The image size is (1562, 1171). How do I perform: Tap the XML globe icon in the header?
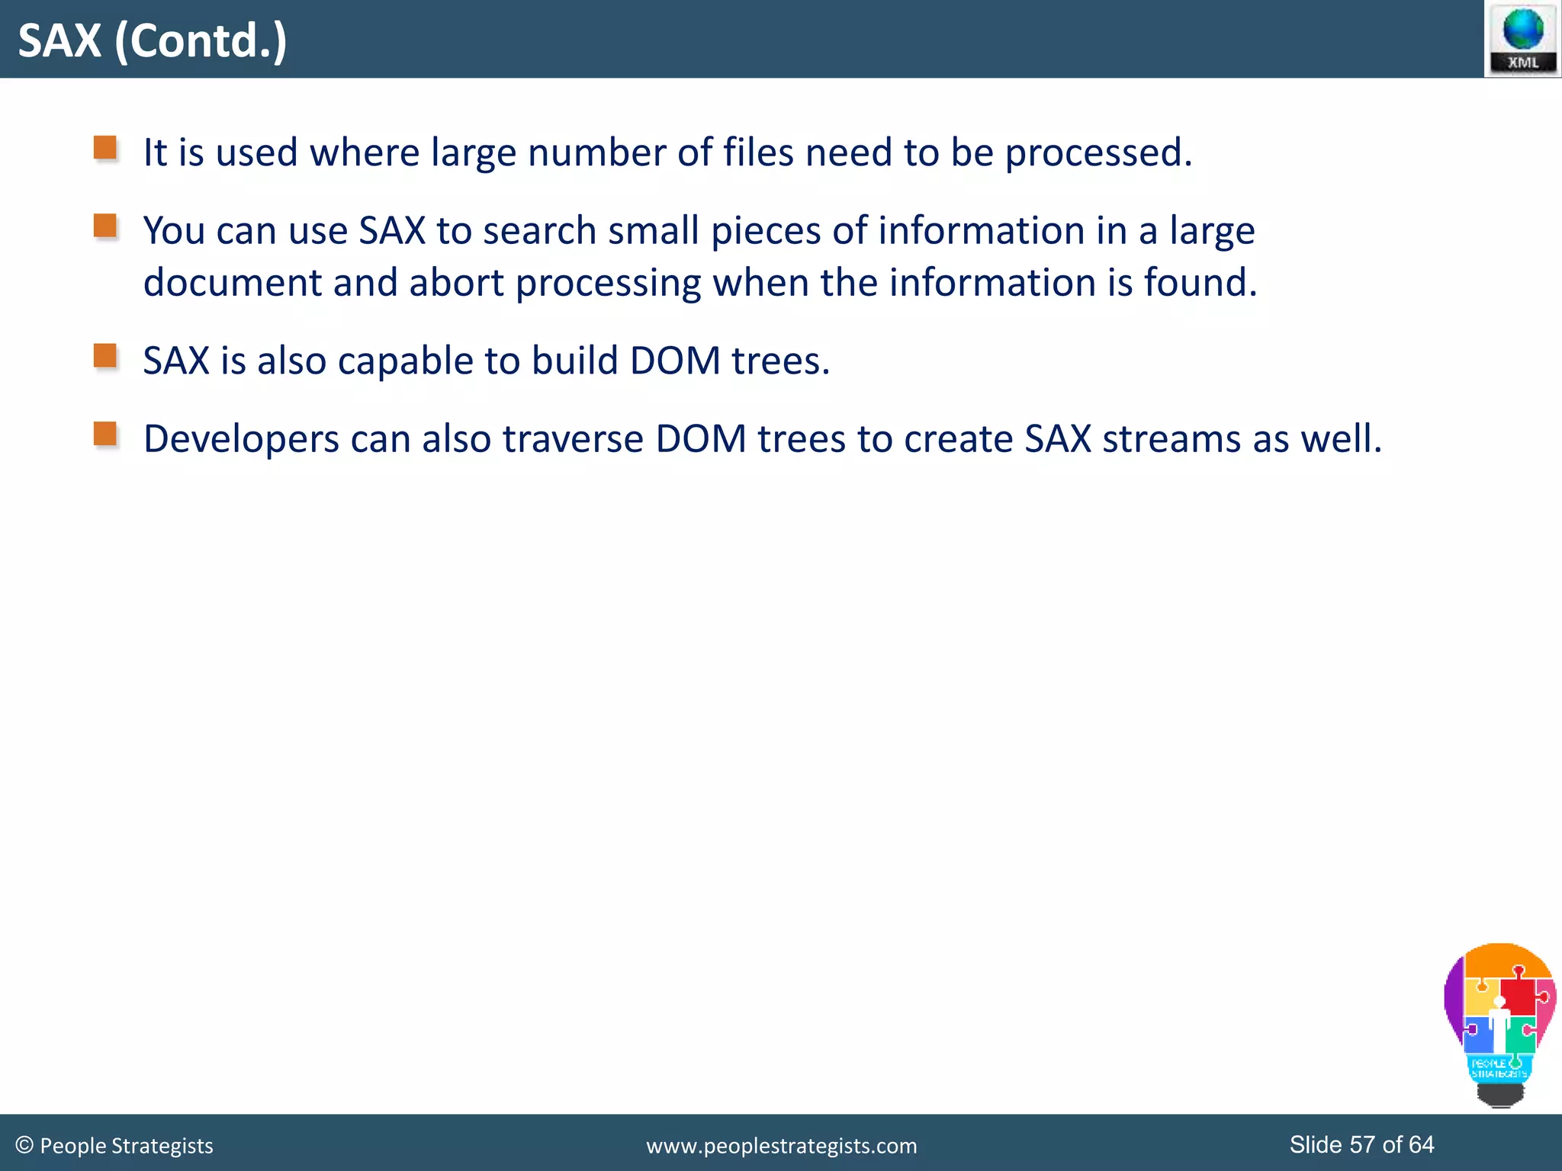pos(1522,38)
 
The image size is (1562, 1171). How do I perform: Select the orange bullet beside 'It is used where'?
pos(105,147)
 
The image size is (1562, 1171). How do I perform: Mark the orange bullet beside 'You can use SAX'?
pos(105,226)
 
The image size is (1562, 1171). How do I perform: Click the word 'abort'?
pos(456,282)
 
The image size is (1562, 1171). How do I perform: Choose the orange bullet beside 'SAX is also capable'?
pos(105,356)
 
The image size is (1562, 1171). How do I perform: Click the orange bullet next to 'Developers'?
pos(105,434)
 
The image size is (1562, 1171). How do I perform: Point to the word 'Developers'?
pos(241,440)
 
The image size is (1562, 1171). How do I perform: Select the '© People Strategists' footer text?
pos(114,1145)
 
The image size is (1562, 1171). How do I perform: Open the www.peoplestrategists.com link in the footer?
pos(782,1146)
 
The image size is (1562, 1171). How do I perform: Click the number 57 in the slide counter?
pos(1362,1144)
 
